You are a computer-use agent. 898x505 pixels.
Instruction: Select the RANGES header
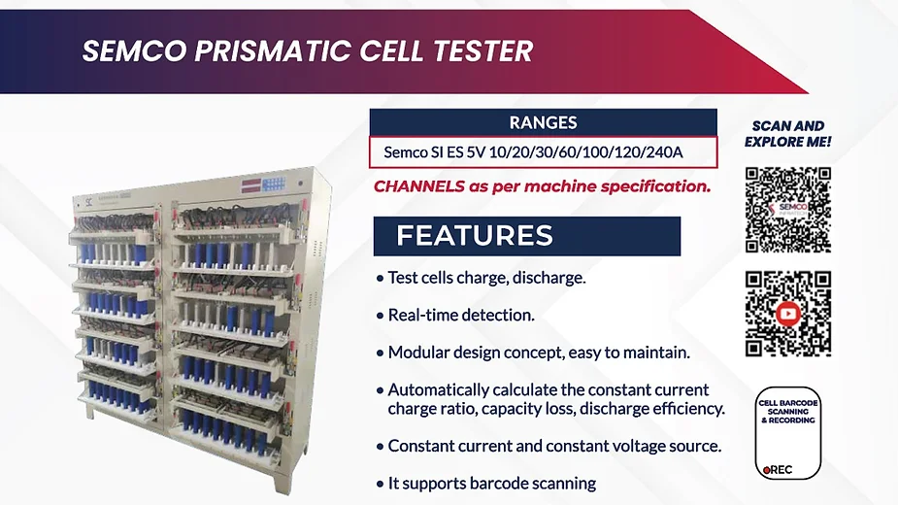[x=543, y=122]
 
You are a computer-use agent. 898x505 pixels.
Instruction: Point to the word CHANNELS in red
[x=419, y=186]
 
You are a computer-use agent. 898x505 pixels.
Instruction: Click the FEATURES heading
[x=474, y=236]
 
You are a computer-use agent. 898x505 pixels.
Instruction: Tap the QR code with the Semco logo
[x=788, y=210]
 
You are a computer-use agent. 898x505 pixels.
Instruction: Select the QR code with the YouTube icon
[x=788, y=314]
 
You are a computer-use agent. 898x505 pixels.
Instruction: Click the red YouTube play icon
[x=788, y=314]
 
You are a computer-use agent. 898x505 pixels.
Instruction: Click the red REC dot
[x=766, y=471]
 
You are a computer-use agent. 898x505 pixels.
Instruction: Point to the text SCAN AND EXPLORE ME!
[x=788, y=134]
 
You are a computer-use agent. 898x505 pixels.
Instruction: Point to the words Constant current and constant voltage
[x=527, y=446]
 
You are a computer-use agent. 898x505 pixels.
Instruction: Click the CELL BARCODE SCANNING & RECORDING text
[x=788, y=412]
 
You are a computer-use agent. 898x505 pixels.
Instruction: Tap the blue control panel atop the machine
[x=274, y=185]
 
